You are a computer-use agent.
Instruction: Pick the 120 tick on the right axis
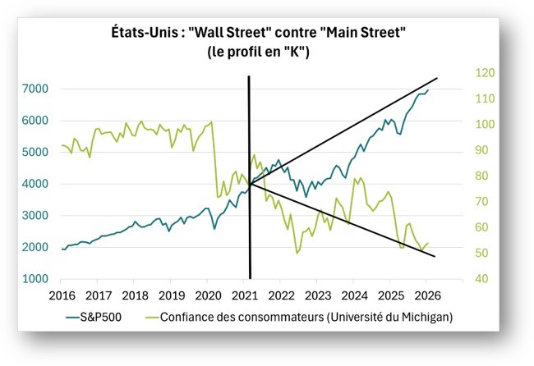486,73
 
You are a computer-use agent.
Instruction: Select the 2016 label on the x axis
63,295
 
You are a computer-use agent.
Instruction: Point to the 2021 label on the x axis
245,295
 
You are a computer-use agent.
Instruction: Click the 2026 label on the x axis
427,295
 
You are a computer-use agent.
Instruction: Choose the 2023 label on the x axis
318,295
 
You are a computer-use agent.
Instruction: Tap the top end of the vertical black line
249,76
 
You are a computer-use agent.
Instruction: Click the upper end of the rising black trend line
436,78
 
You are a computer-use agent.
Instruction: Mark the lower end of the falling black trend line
435,257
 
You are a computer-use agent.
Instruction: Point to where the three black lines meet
250,182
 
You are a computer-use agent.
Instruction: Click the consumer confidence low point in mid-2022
297,253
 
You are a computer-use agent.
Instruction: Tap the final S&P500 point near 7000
428,89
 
